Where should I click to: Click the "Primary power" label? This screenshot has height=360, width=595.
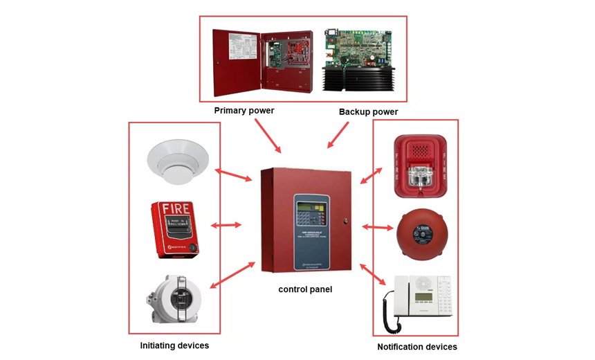[244, 110]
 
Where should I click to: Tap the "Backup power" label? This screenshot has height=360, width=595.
[368, 111]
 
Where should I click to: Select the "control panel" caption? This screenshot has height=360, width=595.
[305, 289]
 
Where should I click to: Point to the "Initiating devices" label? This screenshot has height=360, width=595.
[174, 345]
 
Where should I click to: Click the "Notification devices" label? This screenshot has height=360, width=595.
[416, 346]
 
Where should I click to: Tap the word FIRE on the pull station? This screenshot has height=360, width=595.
[174, 208]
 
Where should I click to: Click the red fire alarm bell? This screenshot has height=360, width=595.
[419, 231]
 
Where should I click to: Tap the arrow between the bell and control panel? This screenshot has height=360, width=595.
[376, 226]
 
